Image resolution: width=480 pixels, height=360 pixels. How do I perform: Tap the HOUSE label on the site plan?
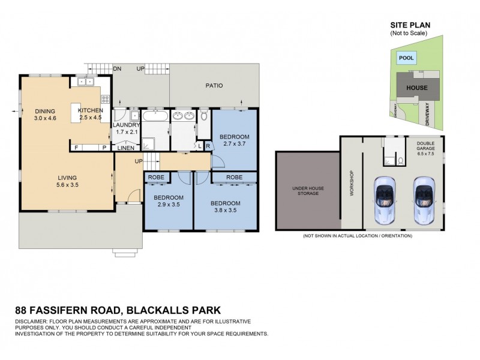pyautogui.click(x=417, y=88)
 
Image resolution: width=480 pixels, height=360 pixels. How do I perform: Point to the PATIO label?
pyautogui.click(x=214, y=86)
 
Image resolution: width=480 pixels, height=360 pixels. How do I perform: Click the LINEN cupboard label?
pyautogui.click(x=125, y=148)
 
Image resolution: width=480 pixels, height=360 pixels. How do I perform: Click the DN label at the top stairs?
pyautogui.click(x=118, y=69)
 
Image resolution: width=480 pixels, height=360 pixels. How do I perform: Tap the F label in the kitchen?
pyautogui.click(x=76, y=148)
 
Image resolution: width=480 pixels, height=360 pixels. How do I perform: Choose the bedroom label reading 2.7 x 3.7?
pyautogui.click(x=235, y=140)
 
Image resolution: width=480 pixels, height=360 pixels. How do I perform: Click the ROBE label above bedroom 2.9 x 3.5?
pyautogui.click(x=157, y=178)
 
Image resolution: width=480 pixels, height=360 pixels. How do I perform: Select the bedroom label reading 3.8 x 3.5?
pyautogui.click(x=226, y=206)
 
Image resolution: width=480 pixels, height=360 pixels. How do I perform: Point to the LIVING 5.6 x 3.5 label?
pyautogui.click(x=67, y=181)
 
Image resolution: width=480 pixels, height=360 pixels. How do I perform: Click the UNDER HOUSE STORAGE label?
pyautogui.click(x=308, y=191)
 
